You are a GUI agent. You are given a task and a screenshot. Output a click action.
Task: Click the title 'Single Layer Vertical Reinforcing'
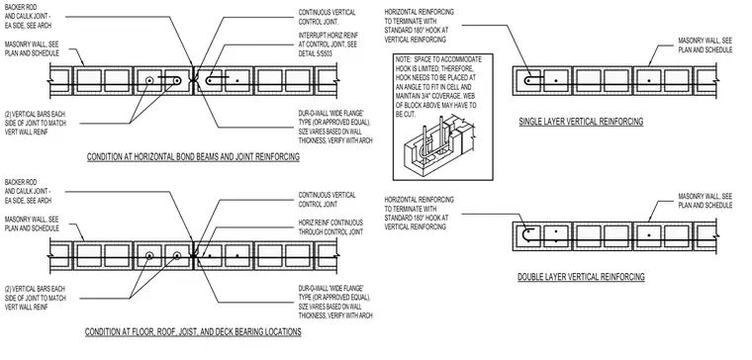(581, 122)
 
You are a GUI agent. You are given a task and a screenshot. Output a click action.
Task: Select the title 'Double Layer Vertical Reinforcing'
(581, 277)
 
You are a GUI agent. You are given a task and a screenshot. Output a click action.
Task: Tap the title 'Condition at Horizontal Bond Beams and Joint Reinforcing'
(193, 156)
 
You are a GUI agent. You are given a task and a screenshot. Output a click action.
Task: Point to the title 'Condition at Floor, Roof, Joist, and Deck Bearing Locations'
(193, 331)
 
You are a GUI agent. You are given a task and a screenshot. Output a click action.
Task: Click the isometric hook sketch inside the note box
(438, 146)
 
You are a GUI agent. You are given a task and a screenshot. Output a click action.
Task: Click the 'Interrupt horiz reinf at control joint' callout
(329, 45)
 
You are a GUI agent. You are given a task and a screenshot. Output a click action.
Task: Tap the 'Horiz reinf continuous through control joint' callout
(330, 227)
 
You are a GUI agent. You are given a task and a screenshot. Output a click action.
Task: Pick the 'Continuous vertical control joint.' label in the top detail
(328, 17)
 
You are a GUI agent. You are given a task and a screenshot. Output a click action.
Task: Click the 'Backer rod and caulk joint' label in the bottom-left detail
(28, 191)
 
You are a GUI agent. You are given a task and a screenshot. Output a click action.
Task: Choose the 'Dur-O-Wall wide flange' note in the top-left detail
(335, 127)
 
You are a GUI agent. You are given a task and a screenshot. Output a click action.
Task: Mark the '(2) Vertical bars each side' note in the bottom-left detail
(36, 298)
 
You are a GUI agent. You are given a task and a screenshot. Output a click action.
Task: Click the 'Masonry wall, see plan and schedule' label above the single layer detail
(705, 45)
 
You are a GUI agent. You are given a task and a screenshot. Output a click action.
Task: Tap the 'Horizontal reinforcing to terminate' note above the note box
(420, 26)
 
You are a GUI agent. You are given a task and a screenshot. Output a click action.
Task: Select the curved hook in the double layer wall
(525, 235)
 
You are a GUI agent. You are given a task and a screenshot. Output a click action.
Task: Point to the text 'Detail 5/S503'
(315, 53)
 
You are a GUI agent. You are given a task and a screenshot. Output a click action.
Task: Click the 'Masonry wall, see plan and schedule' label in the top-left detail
(32, 48)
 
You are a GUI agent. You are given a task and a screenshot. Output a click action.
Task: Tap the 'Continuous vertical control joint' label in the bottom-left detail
(328, 200)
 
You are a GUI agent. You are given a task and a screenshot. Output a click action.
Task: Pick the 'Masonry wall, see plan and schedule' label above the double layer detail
(705, 201)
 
